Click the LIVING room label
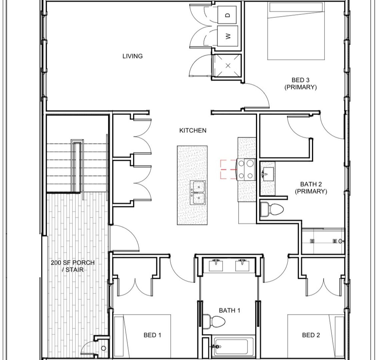[132, 56]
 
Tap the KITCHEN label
[193, 130]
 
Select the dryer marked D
[228, 15]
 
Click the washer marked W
[228, 36]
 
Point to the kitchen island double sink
[198, 193]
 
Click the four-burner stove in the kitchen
[246, 169]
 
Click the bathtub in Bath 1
[231, 347]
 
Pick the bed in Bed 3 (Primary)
[296, 32]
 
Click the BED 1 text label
[152, 335]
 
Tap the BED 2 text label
[311, 335]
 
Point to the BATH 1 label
[230, 310]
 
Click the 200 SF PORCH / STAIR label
[73, 266]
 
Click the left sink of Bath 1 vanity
[216, 265]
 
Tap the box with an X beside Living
[228, 65]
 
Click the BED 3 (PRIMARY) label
[300, 84]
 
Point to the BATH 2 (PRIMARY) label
[311, 188]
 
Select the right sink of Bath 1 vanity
[243, 265]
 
